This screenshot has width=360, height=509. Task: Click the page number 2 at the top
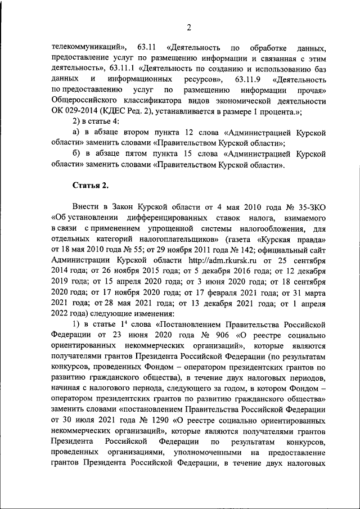pyautogui.click(x=189, y=28)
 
